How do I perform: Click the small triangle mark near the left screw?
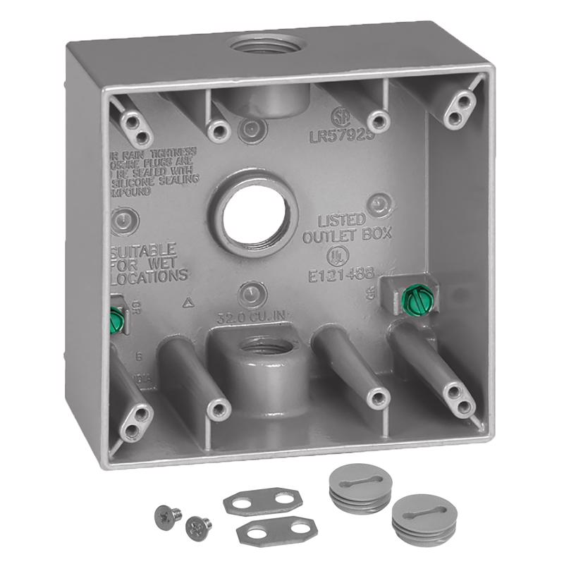(x=188, y=304)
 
